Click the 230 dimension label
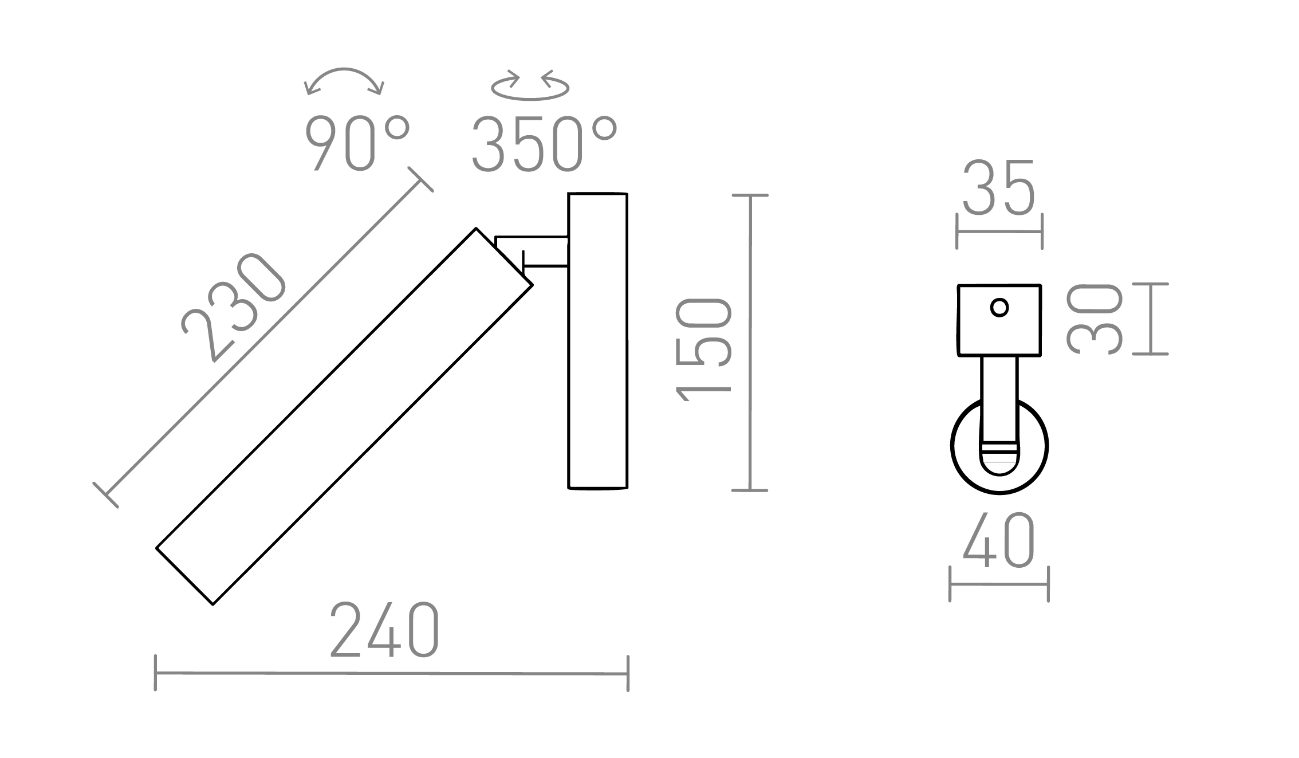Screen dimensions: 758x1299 click(x=234, y=307)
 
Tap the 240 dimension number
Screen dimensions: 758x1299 click(x=385, y=631)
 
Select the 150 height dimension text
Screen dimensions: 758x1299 click(x=704, y=349)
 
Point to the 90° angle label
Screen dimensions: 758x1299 click(x=357, y=143)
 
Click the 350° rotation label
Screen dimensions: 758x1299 click(x=544, y=144)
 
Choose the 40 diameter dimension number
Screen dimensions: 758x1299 click(x=999, y=541)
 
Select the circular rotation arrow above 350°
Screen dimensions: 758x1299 click(x=530, y=87)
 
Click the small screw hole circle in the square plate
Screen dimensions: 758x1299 click(x=999, y=308)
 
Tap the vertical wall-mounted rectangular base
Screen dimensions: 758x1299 click(x=597, y=341)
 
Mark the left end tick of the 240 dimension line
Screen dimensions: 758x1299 click(x=156, y=673)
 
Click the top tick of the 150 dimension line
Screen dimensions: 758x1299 click(x=750, y=196)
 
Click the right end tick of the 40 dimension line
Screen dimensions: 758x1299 click(x=1048, y=584)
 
